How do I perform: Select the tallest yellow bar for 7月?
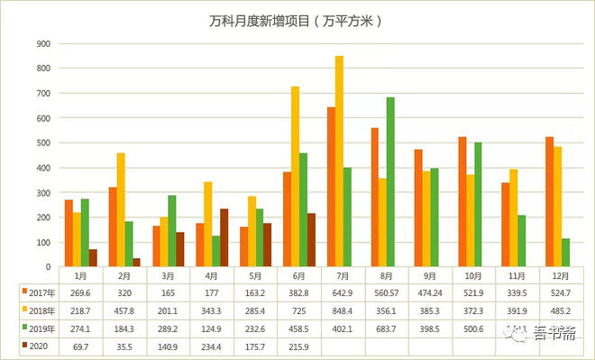[339, 162]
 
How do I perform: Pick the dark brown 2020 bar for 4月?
[224, 238]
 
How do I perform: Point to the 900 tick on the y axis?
[42, 43]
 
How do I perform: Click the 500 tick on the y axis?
[42, 143]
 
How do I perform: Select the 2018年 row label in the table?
[41, 309]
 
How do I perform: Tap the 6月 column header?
[301, 275]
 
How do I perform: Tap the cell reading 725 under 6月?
[301, 309]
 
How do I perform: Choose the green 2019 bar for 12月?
[564, 253]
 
